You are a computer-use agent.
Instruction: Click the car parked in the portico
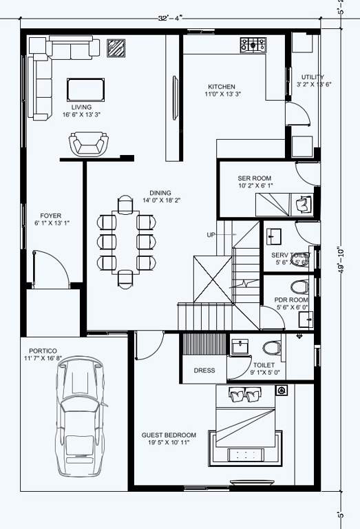point(81,419)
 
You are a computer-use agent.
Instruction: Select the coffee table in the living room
point(86,90)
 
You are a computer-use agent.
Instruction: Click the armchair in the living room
point(89,144)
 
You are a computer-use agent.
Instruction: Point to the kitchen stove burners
point(253,45)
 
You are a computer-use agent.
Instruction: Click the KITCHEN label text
point(222,87)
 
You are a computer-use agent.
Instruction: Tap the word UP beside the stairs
point(211,235)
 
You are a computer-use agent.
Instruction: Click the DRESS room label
point(204,370)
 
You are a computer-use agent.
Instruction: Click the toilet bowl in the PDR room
point(300,287)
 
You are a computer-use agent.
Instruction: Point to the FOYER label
point(51,216)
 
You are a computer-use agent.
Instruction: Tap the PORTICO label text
point(43,351)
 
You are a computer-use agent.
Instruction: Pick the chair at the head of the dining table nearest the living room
point(125,205)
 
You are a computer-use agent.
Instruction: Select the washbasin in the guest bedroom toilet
point(240,346)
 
